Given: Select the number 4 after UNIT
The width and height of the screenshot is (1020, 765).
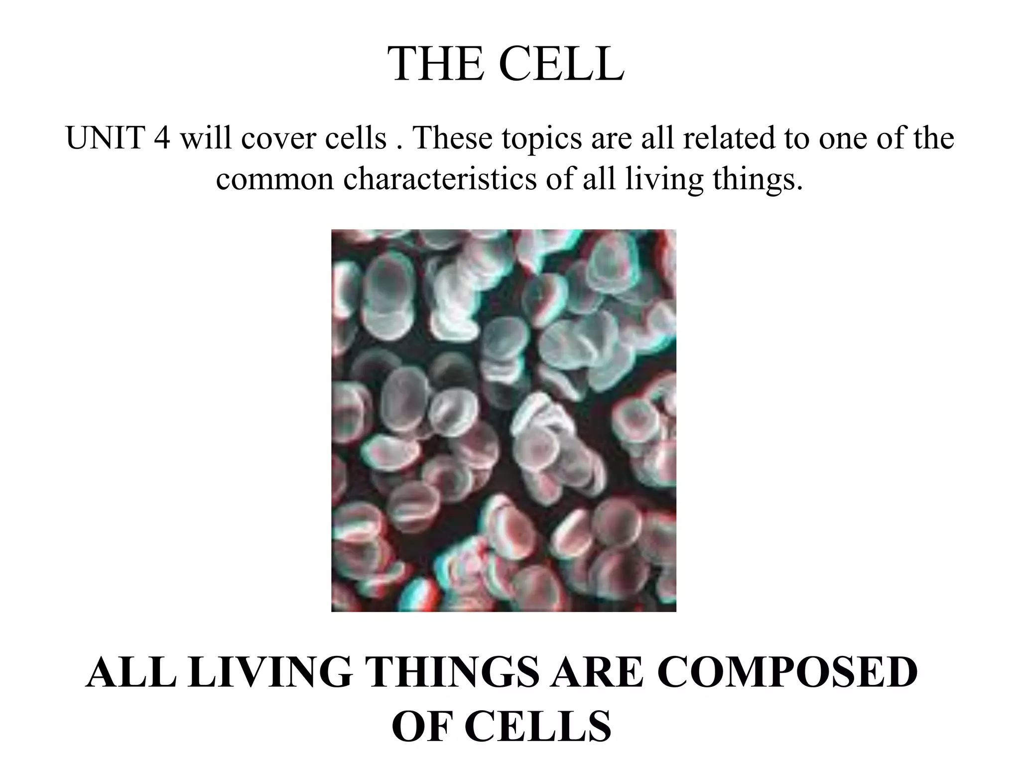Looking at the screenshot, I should tap(162, 138).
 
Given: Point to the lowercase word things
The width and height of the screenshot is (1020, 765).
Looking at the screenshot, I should tap(758, 179).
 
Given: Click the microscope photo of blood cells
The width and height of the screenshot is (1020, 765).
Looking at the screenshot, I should tap(504, 420).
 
